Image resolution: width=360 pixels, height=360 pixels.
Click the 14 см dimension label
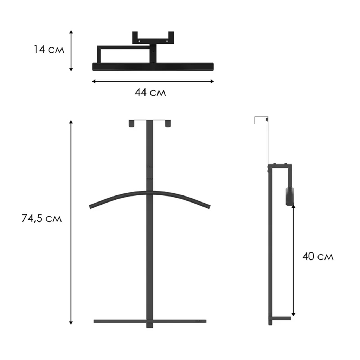point(49,49)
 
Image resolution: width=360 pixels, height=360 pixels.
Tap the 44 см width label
point(150,92)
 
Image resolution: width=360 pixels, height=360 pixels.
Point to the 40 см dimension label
point(318,256)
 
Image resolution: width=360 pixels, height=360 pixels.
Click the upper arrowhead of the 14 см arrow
point(71,32)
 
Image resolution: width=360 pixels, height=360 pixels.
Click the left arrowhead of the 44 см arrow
point(94,81)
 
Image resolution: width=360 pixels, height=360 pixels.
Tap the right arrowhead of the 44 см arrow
point(212,81)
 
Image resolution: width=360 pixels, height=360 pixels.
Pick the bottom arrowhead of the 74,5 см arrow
point(71,323)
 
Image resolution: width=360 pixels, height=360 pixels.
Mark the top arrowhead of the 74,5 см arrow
point(71,122)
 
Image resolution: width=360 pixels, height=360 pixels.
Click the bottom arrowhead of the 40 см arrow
point(294,314)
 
